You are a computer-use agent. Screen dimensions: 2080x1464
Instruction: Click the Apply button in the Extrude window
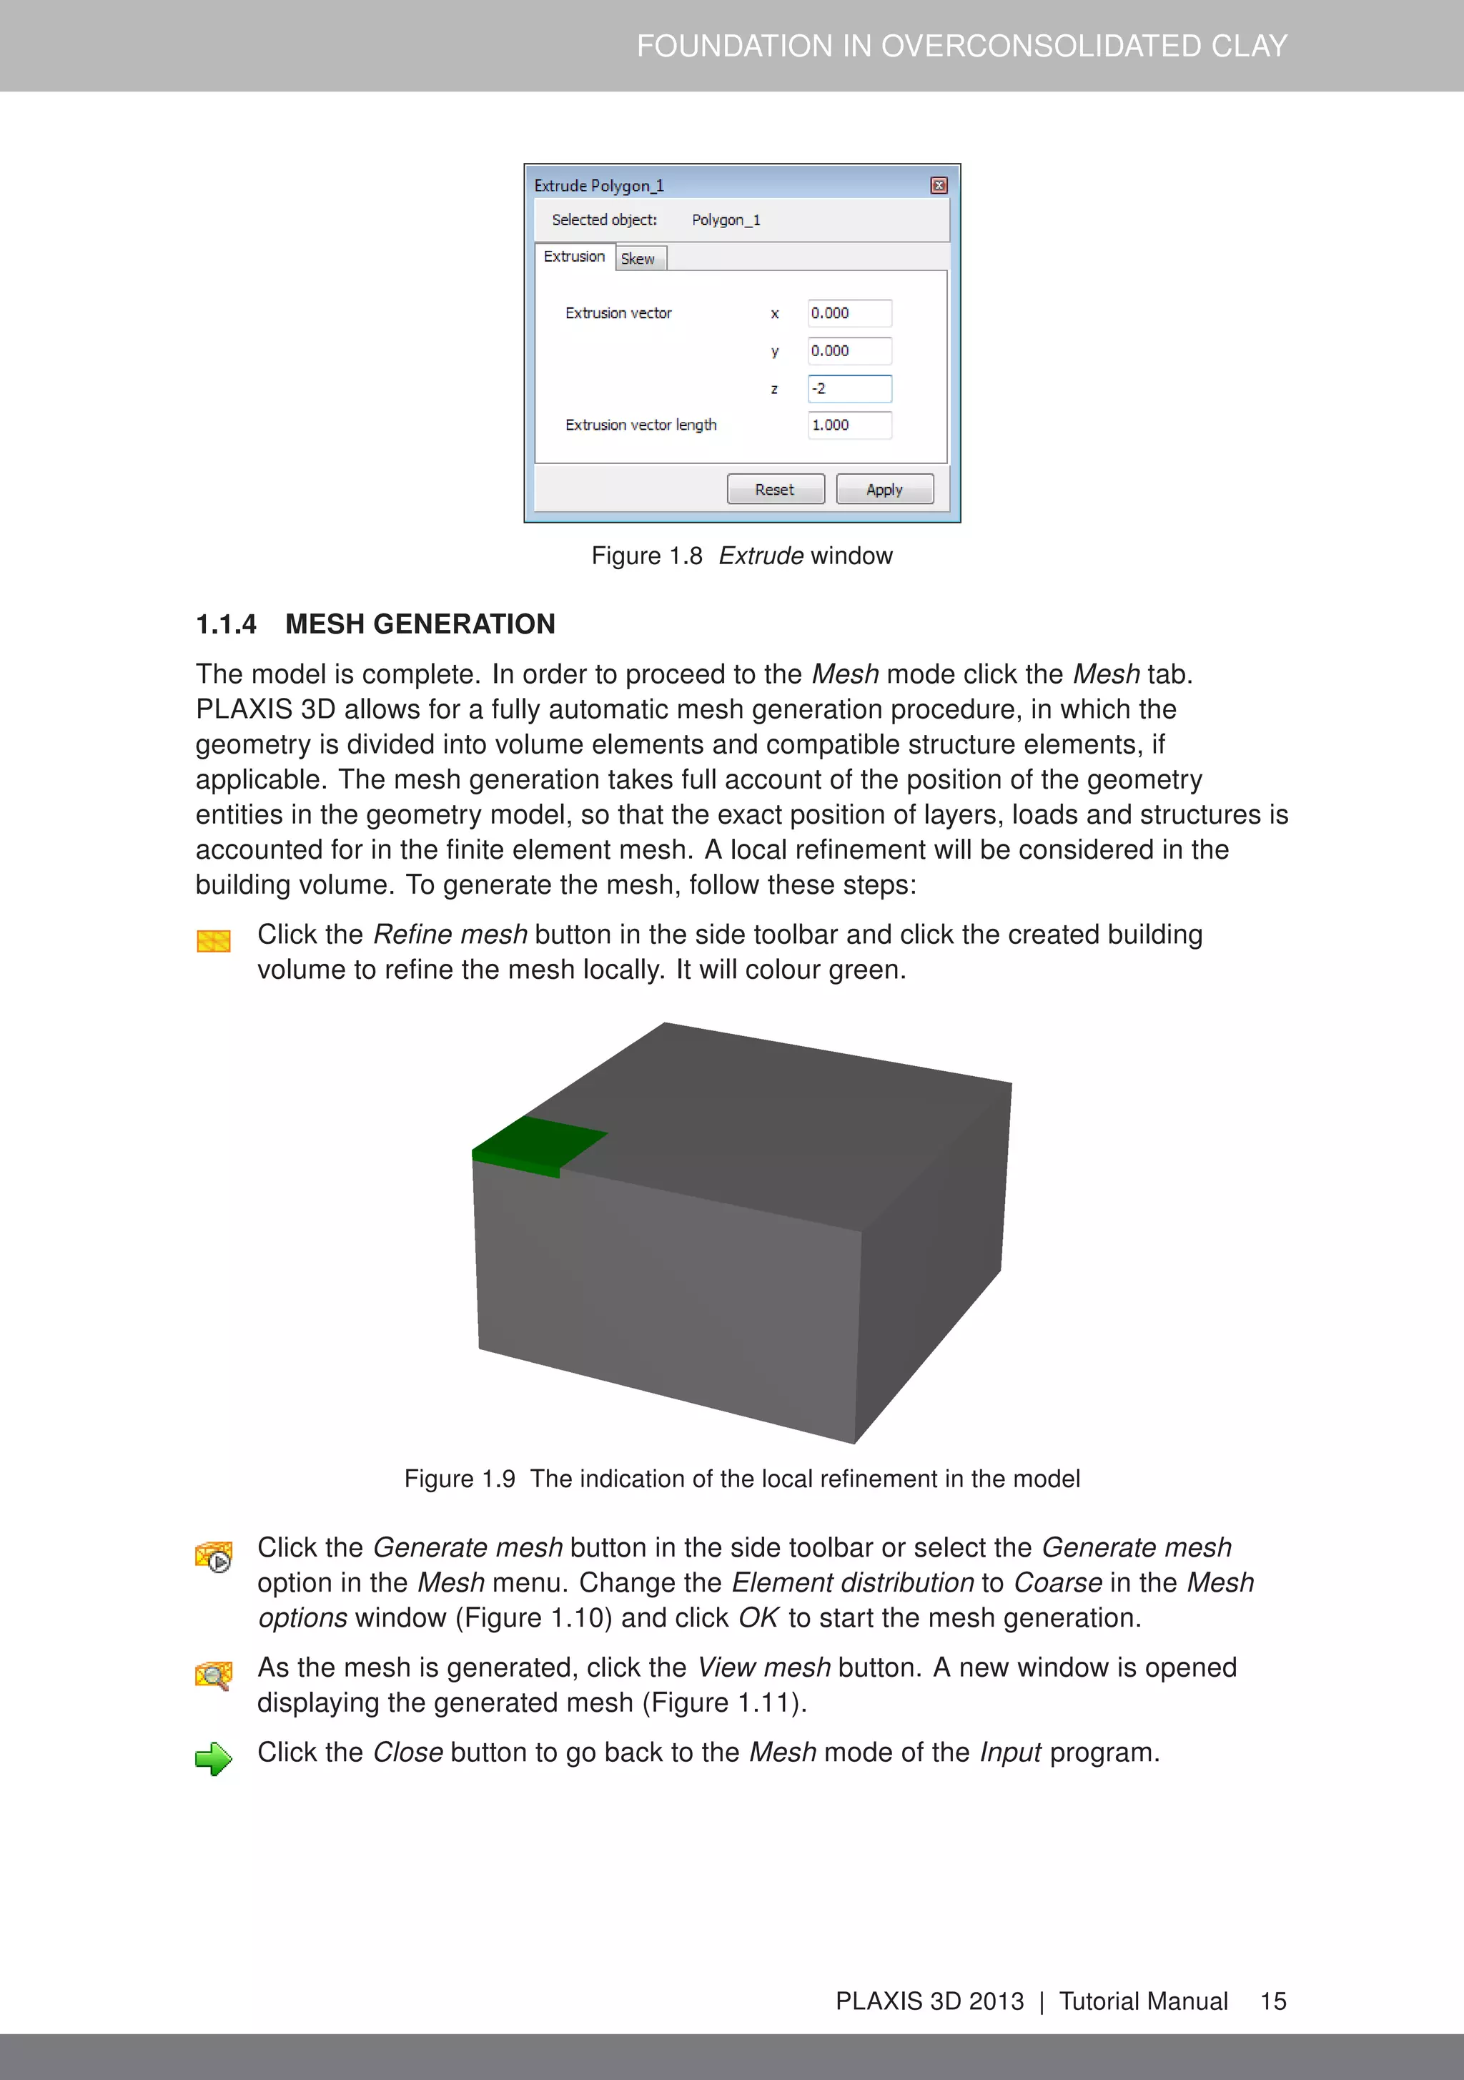point(884,489)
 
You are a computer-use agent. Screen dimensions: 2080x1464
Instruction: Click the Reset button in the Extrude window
point(776,489)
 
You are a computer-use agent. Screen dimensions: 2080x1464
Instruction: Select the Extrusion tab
point(574,257)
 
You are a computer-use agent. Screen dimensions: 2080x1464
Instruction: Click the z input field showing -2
point(849,389)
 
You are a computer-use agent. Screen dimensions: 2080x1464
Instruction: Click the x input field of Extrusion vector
point(849,313)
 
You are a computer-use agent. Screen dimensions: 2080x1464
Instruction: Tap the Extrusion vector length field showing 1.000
point(849,425)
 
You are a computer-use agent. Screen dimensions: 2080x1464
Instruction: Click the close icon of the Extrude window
point(939,186)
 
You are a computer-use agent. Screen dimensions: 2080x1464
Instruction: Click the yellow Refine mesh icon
point(214,940)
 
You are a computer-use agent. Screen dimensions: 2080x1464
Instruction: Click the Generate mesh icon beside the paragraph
point(214,1557)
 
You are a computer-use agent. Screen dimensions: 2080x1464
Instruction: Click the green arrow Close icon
point(214,1758)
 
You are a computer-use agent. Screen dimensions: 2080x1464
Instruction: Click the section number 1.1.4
point(227,624)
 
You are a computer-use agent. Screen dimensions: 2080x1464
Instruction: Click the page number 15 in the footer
point(1273,2001)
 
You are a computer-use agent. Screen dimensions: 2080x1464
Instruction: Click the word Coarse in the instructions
point(1057,1582)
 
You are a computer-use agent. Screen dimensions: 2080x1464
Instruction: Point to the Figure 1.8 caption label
point(647,556)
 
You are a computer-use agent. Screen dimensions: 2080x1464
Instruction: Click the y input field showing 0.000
point(849,350)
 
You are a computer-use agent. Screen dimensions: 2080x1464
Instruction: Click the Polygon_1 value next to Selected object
point(726,220)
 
